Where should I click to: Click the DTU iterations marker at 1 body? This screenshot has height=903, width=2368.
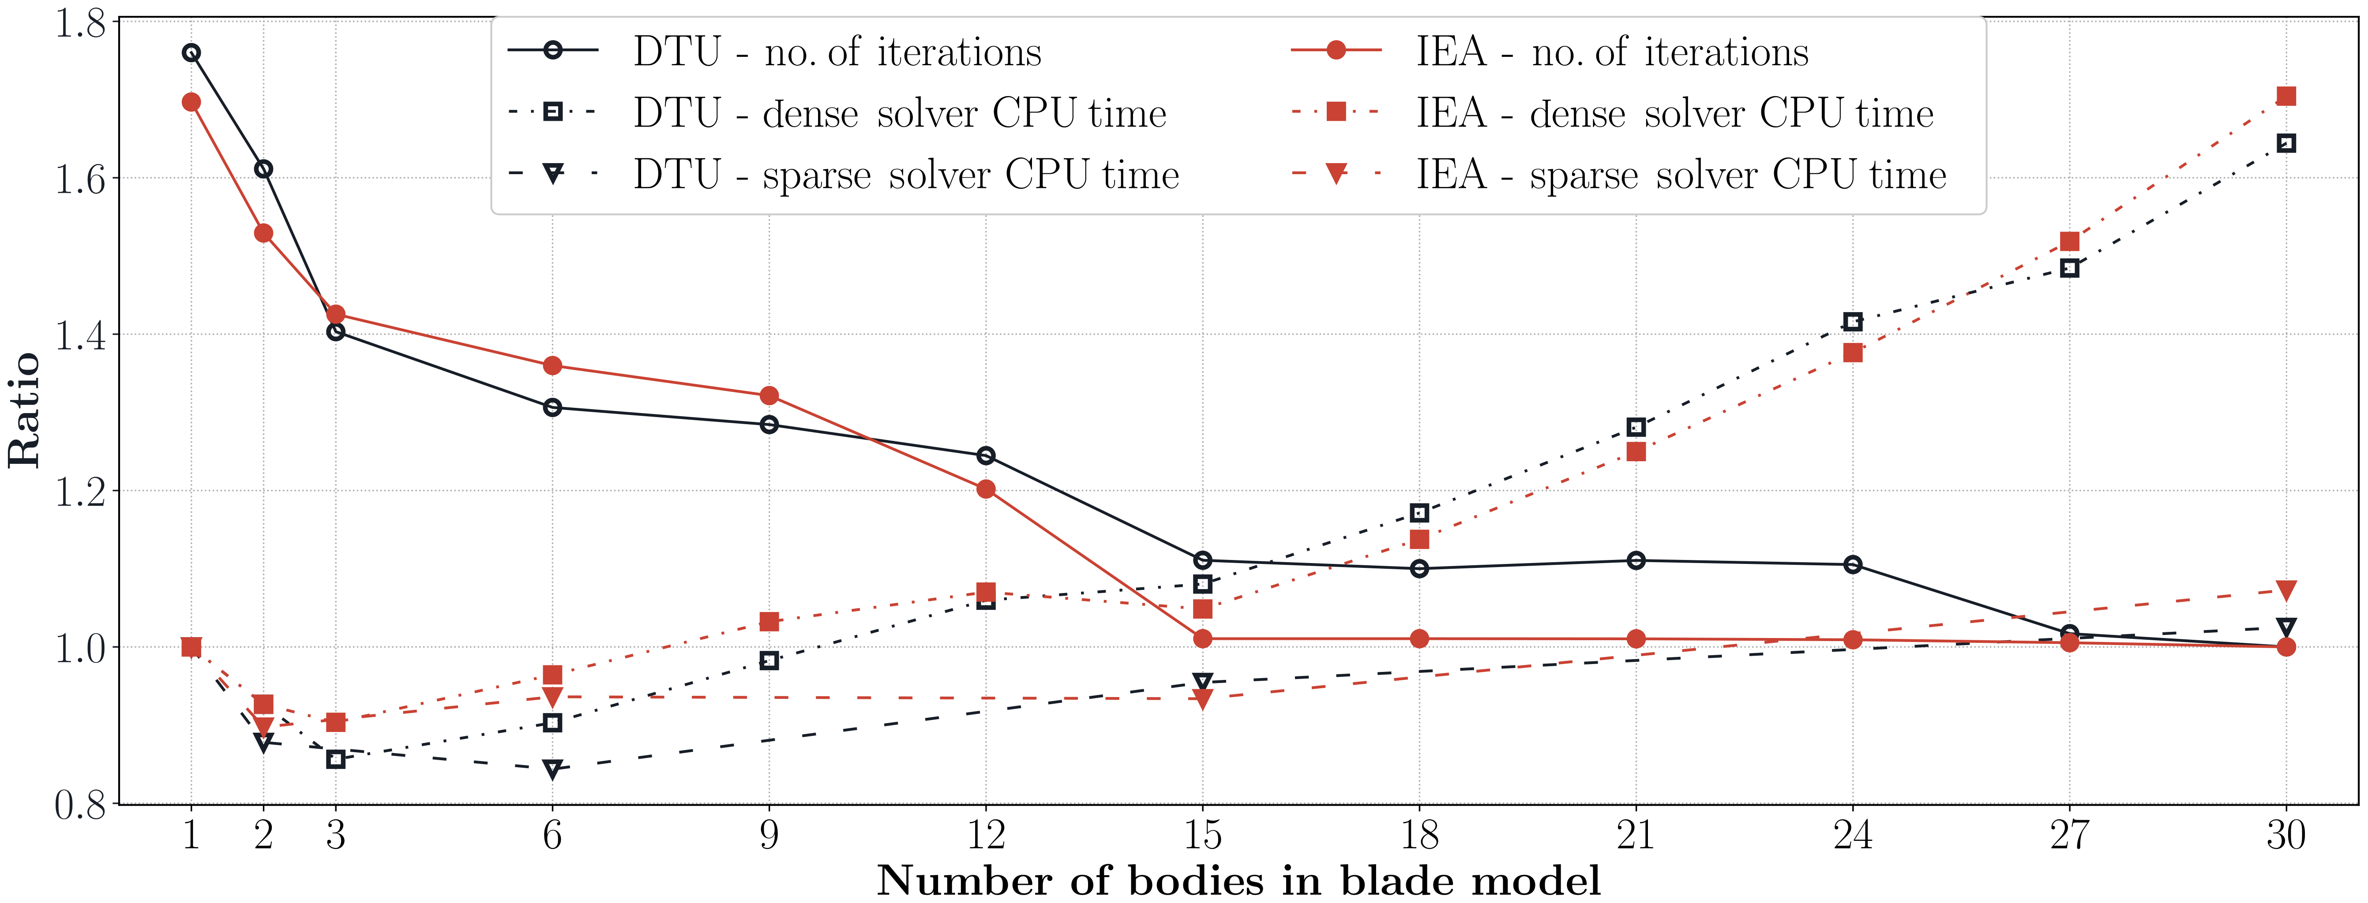click(191, 52)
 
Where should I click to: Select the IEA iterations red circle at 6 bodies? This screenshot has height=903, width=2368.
click(552, 366)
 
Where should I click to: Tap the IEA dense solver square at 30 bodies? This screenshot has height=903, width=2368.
click(2286, 97)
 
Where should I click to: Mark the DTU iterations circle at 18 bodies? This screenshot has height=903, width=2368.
click(1419, 569)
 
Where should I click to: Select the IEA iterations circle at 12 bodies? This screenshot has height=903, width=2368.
click(987, 489)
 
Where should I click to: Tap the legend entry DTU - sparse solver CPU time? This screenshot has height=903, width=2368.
click(905, 175)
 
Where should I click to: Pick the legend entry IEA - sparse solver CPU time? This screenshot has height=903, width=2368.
click(1681, 175)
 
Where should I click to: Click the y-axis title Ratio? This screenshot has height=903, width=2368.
click(25, 410)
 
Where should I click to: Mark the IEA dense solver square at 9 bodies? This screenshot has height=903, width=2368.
click(769, 622)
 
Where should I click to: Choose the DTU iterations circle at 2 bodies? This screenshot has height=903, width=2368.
click(264, 169)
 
